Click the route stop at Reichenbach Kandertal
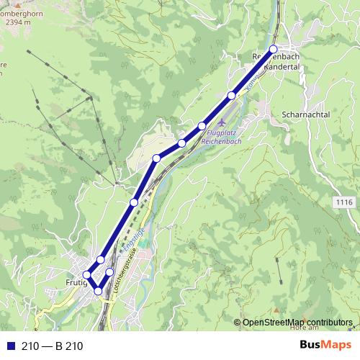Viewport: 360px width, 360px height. pos(273,49)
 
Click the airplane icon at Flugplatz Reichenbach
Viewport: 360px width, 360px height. pos(219,125)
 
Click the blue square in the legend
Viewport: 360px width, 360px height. pos(11,346)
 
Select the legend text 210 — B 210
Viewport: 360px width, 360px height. pos(53,346)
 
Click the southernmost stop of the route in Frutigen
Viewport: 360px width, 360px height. pos(98,291)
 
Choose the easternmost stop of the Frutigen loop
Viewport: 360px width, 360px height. pos(110,272)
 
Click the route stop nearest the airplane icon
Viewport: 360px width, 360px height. pos(202,127)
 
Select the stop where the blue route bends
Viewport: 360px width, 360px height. pos(156,158)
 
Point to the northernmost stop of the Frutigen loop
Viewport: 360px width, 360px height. pos(101,259)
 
